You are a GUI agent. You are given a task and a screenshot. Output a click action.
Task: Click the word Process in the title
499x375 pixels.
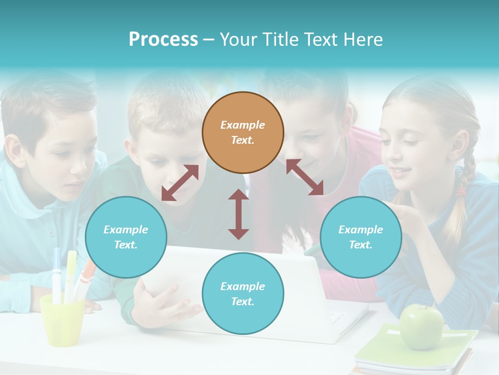(x=163, y=40)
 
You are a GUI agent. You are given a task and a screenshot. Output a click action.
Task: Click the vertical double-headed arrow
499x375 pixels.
(x=239, y=214)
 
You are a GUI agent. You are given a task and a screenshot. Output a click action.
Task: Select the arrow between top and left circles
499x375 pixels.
(x=180, y=183)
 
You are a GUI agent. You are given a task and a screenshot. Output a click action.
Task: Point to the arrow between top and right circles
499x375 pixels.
(x=305, y=177)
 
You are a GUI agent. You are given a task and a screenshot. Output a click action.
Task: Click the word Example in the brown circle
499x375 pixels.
(x=243, y=125)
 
